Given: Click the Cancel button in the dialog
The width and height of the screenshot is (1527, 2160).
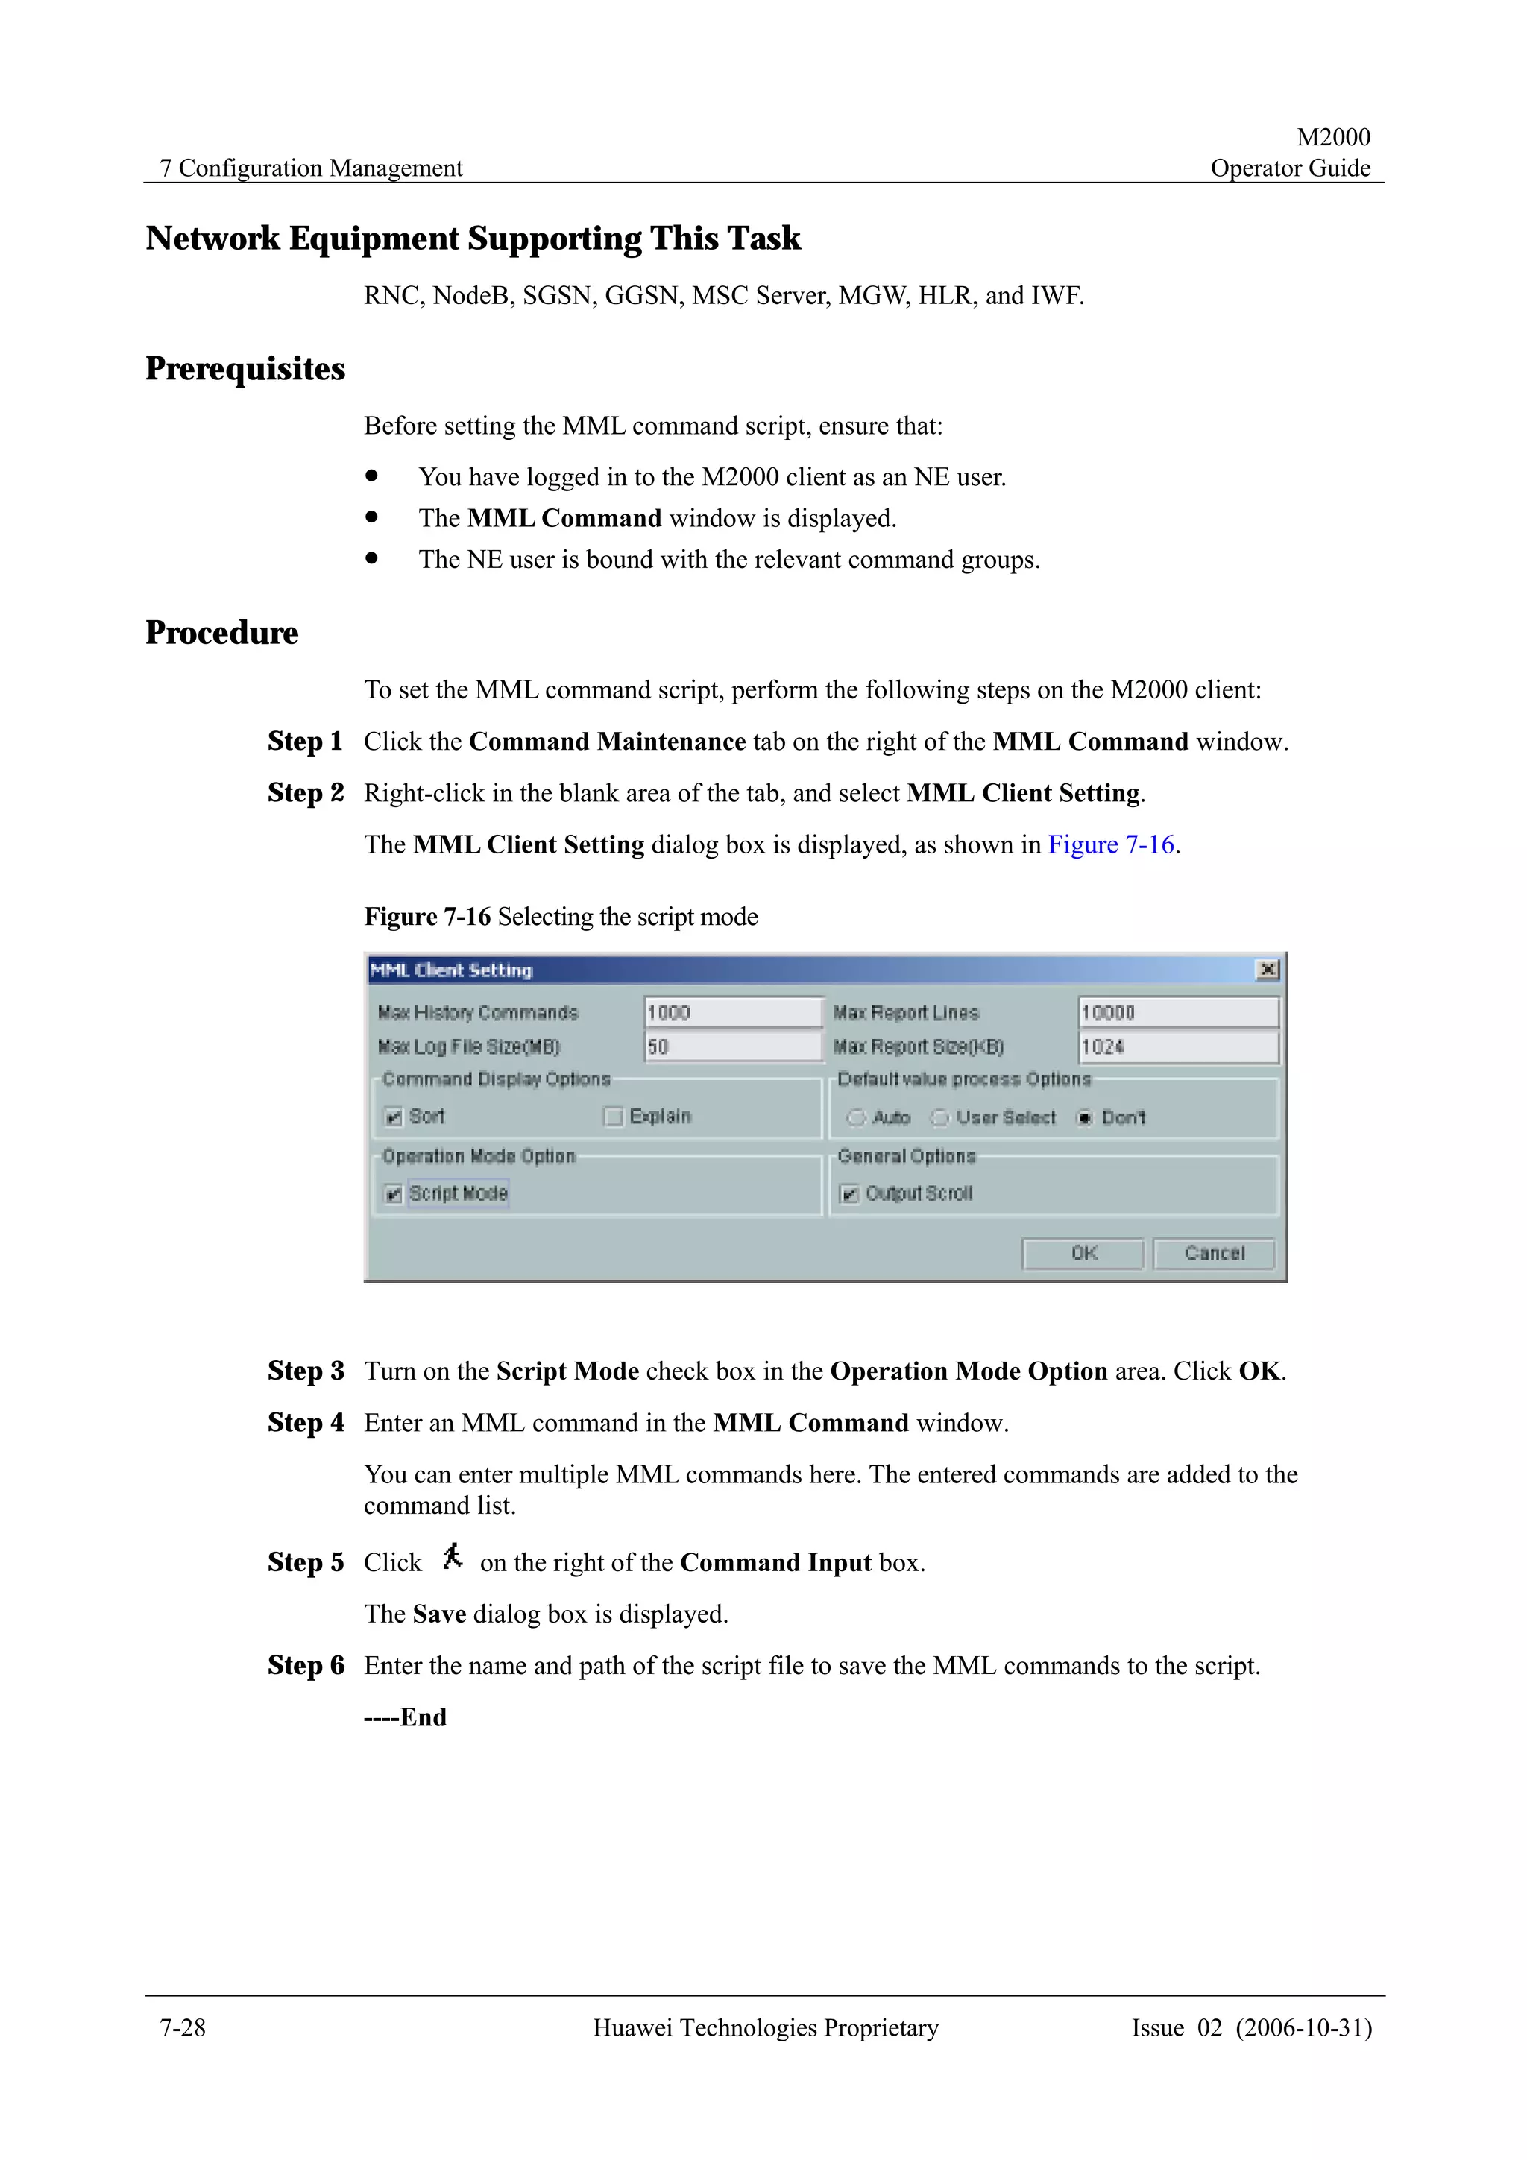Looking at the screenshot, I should pos(1213,1253).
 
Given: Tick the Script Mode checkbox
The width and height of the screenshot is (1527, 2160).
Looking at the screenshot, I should pos(393,1194).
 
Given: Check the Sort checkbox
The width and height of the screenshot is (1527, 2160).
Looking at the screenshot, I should pos(393,1117).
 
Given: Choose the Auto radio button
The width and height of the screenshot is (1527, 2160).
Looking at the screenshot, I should pos(855,1117).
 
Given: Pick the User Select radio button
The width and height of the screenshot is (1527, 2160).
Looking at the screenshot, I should pos(939,1117).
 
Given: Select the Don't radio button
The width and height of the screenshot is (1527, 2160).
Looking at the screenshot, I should pos(1085,1117).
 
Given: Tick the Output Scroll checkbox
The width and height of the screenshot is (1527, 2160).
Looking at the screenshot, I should pos(848,1194).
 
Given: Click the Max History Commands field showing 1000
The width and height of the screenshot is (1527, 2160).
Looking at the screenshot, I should pos(732,1013).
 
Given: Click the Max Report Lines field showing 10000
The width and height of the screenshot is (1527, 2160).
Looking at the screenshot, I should pos(1177,1013).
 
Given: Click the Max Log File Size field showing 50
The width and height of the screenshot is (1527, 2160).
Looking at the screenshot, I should pos(732,1047).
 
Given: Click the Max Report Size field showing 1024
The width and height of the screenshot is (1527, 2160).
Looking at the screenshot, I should pos(1177,1047).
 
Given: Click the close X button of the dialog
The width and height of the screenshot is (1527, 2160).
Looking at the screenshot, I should pos(1268,970).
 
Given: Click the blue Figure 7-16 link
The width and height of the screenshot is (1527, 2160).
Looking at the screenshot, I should pos(1110,844).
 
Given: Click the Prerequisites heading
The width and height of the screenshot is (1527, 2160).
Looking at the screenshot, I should pos(245,369).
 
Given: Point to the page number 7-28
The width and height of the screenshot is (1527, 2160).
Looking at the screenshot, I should pos(183,2027).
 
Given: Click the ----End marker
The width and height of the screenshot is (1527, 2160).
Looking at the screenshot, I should pos(405,1717).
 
